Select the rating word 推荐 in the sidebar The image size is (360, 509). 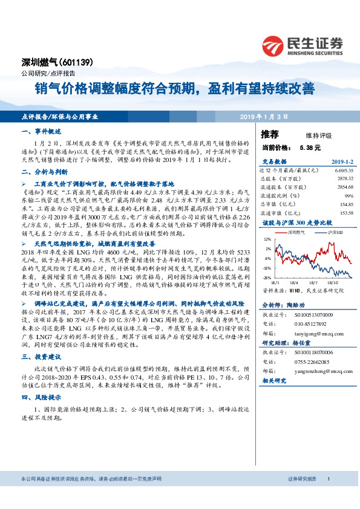(270, 134)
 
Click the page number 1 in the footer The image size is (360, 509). (327, 496)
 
